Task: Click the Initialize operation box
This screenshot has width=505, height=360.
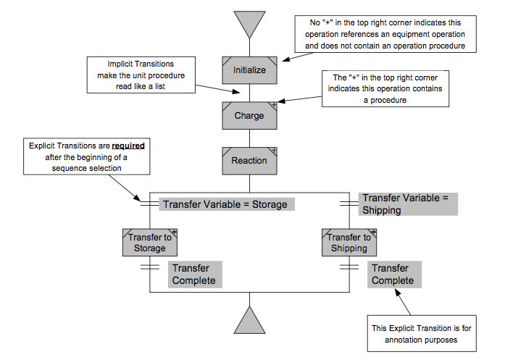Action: [249, 70]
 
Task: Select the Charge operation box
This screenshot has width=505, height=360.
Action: [249, 115]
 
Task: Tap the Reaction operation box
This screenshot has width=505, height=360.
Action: [249, 160]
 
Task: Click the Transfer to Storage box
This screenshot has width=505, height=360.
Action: [149, 242]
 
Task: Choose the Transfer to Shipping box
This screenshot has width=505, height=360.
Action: [349, 242]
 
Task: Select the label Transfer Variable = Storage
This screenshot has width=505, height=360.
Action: [225, 204]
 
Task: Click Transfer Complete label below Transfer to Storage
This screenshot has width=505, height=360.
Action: [193, 275]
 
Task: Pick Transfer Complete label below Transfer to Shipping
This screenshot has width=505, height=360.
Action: [393, 275]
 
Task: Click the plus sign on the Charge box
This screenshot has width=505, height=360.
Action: [274, 106]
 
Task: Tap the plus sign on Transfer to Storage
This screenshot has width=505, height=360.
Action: [174, 231]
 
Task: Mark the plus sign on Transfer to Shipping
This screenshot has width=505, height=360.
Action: [374, 231]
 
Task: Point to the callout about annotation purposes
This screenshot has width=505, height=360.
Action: [422, 334]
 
